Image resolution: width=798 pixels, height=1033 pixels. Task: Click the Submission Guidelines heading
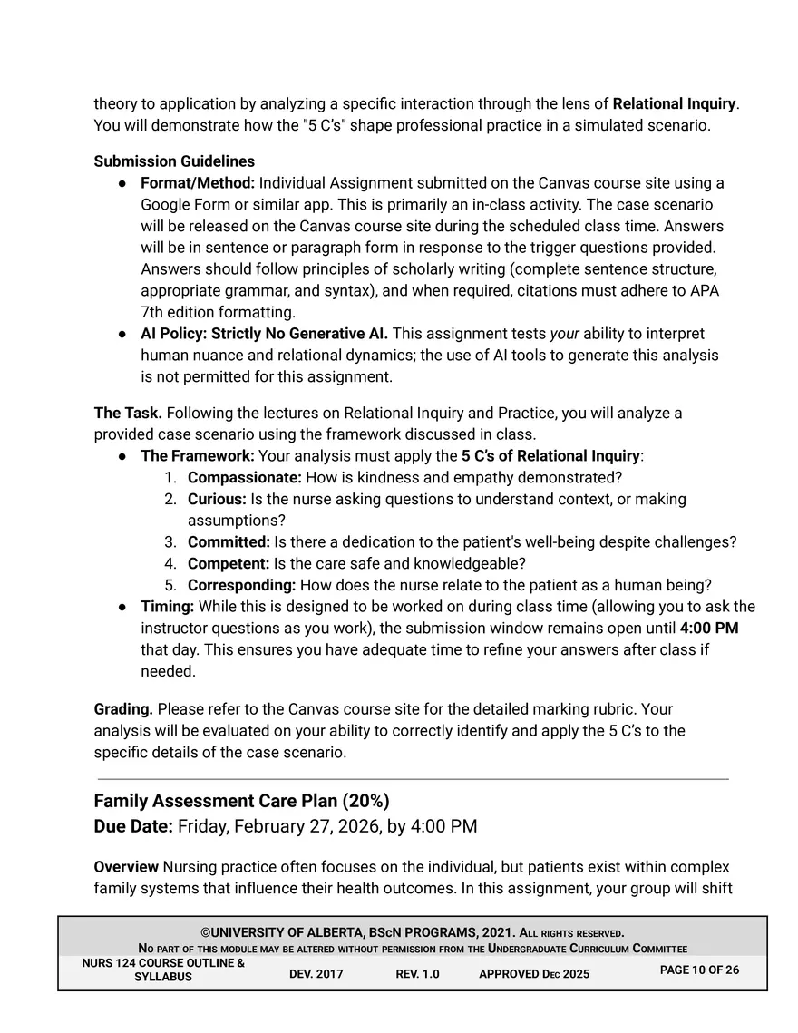(x=174, y=161)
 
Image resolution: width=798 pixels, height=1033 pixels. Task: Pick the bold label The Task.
(x=128, y=414)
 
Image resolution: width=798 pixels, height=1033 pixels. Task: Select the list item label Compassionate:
(x=244, y=477)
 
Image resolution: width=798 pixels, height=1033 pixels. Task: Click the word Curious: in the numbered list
(x=217, y=499)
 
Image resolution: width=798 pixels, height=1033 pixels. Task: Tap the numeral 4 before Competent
(x=170, y=563)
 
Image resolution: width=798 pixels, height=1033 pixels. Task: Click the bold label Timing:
(x=167, y=607)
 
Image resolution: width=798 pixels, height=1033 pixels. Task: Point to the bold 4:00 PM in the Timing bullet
(x=709, y=629)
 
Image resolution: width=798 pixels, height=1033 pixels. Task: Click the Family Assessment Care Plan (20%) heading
(x=241, y=801)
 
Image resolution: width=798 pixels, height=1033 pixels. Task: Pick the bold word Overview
(x=126, y=867)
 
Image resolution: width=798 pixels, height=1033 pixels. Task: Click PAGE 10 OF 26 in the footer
(x=699, y=970)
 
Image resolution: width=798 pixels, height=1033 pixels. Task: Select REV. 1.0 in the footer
(x=417, y=974)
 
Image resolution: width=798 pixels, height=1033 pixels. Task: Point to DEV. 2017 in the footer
(x=316, y=974)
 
